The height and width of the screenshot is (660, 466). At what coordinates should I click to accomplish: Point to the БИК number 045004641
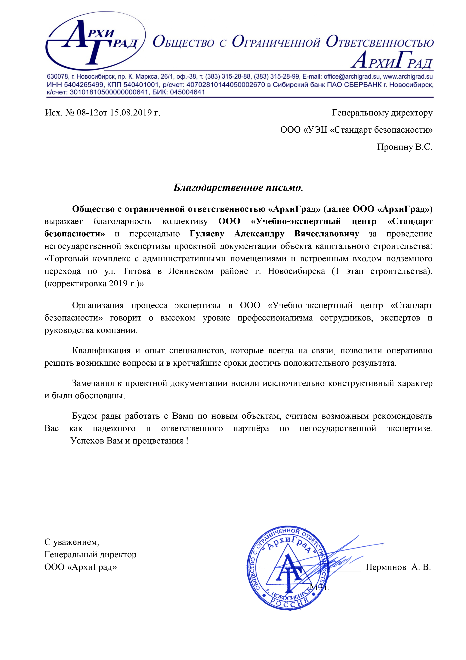tap(187, 92)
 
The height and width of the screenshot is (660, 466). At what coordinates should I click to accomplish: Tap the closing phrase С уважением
tap(72, 542)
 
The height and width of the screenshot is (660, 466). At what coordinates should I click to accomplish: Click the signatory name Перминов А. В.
tap(398, 567)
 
